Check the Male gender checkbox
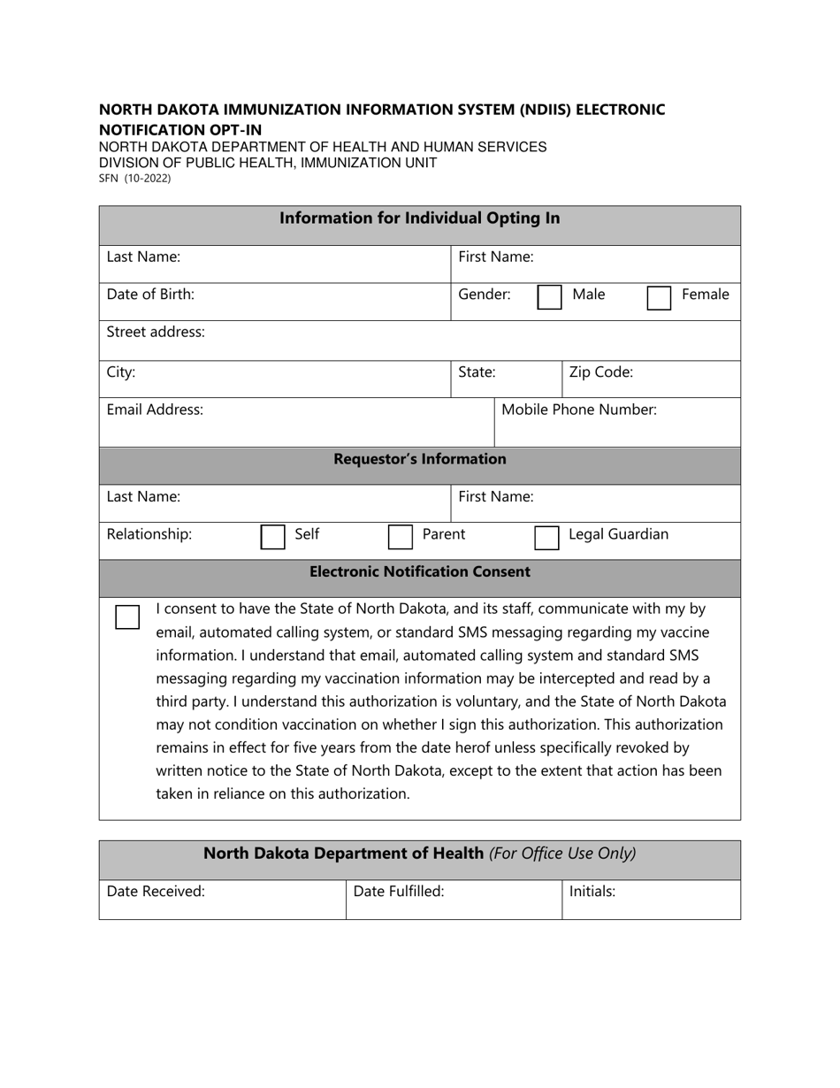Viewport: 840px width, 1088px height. coord(549,297)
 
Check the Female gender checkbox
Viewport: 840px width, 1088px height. coord(659,298)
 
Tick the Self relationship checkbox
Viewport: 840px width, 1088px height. coord(272,537)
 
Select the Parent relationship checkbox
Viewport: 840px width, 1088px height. coord(401,537)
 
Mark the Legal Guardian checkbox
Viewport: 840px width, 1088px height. coord(546,537)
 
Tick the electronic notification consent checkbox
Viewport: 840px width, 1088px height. coord(127,617)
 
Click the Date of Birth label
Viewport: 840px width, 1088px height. coord(150,295)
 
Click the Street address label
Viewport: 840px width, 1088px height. coord(156,333)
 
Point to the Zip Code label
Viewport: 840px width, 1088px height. coord(600,372)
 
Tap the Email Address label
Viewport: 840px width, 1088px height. coord(155,410)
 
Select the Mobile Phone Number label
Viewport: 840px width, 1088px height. coord(578,410)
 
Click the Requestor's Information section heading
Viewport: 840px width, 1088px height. coord(420,460)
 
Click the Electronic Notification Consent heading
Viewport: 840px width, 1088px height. coord(420,572)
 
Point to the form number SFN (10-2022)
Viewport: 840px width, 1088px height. coord(134,179)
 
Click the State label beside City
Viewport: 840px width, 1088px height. coord(477,372)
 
